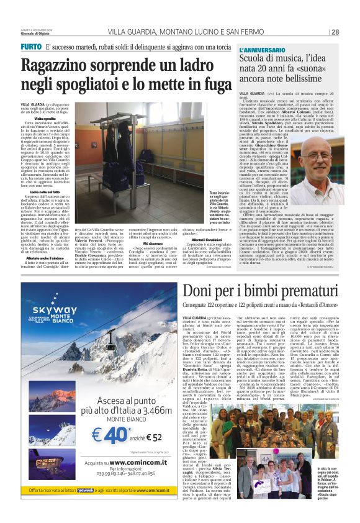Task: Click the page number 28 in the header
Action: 335,32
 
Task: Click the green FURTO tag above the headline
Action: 31,47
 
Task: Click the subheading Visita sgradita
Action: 45,118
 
